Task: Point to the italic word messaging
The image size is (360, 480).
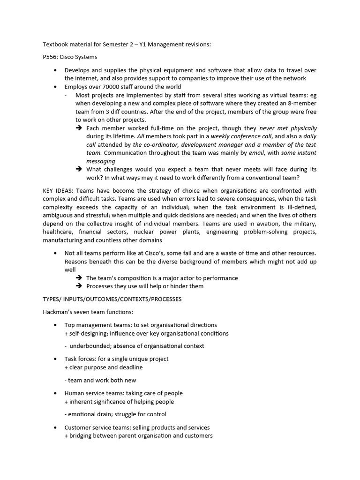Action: click(101, 161)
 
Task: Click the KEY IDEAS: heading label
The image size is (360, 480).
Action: click(58, 191)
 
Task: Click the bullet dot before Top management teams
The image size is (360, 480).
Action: click(55, 325)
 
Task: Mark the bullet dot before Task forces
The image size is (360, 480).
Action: click(55, 359)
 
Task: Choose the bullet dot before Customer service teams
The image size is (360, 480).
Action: click(55, 427)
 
